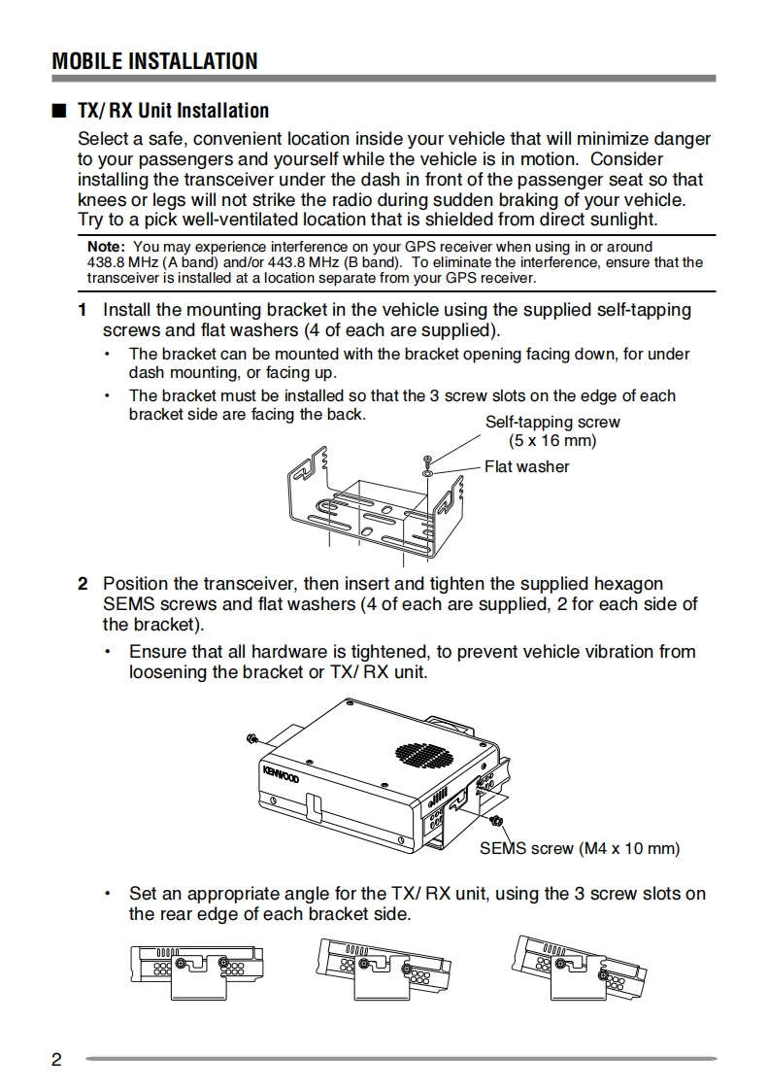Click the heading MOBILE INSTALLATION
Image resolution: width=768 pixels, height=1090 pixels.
[x=155, y=61]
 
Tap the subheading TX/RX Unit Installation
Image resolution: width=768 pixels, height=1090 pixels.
[x=173, y=111]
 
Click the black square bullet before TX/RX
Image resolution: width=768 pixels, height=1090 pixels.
[x=58, y=111]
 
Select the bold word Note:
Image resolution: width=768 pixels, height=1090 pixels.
[x=106, y=247]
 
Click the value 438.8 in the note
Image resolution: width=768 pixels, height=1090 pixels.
[x=105, y=262]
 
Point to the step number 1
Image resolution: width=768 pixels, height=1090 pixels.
[x=83, y=310]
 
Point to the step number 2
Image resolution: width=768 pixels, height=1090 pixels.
[x=83, y=584]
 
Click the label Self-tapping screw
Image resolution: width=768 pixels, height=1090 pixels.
[x=551, y=423]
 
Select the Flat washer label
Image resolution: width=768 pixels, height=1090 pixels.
[x=526, y=466]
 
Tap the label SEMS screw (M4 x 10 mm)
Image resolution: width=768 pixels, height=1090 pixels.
[x=580, y=848]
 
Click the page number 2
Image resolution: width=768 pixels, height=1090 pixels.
[x=56, y=1059]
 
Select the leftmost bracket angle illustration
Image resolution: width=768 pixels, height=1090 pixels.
[x=195, y=972]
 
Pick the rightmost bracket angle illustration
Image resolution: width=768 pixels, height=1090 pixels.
[x=576, y=971]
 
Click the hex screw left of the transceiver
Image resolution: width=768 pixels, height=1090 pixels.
[x=252, y=739]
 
